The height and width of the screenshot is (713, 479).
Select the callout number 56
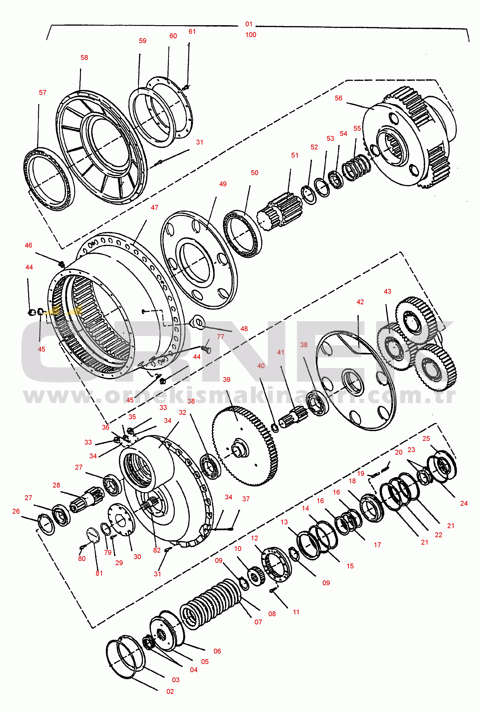coord(338,98)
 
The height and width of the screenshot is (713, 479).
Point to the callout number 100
coord(250,35)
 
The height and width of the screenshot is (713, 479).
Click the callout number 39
coord(226,379)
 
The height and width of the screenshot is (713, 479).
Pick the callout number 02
coord(170,691)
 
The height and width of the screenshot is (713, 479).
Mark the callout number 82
coord(157,550)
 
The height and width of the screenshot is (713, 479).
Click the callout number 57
coord(42,93)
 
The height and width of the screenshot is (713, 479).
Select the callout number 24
coord(464,503)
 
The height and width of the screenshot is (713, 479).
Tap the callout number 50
coord(254,173)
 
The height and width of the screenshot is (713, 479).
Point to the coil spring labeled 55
coord(356,168)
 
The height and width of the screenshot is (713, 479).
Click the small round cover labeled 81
coord(93,535)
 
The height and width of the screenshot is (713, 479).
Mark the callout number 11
coord(296,612)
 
